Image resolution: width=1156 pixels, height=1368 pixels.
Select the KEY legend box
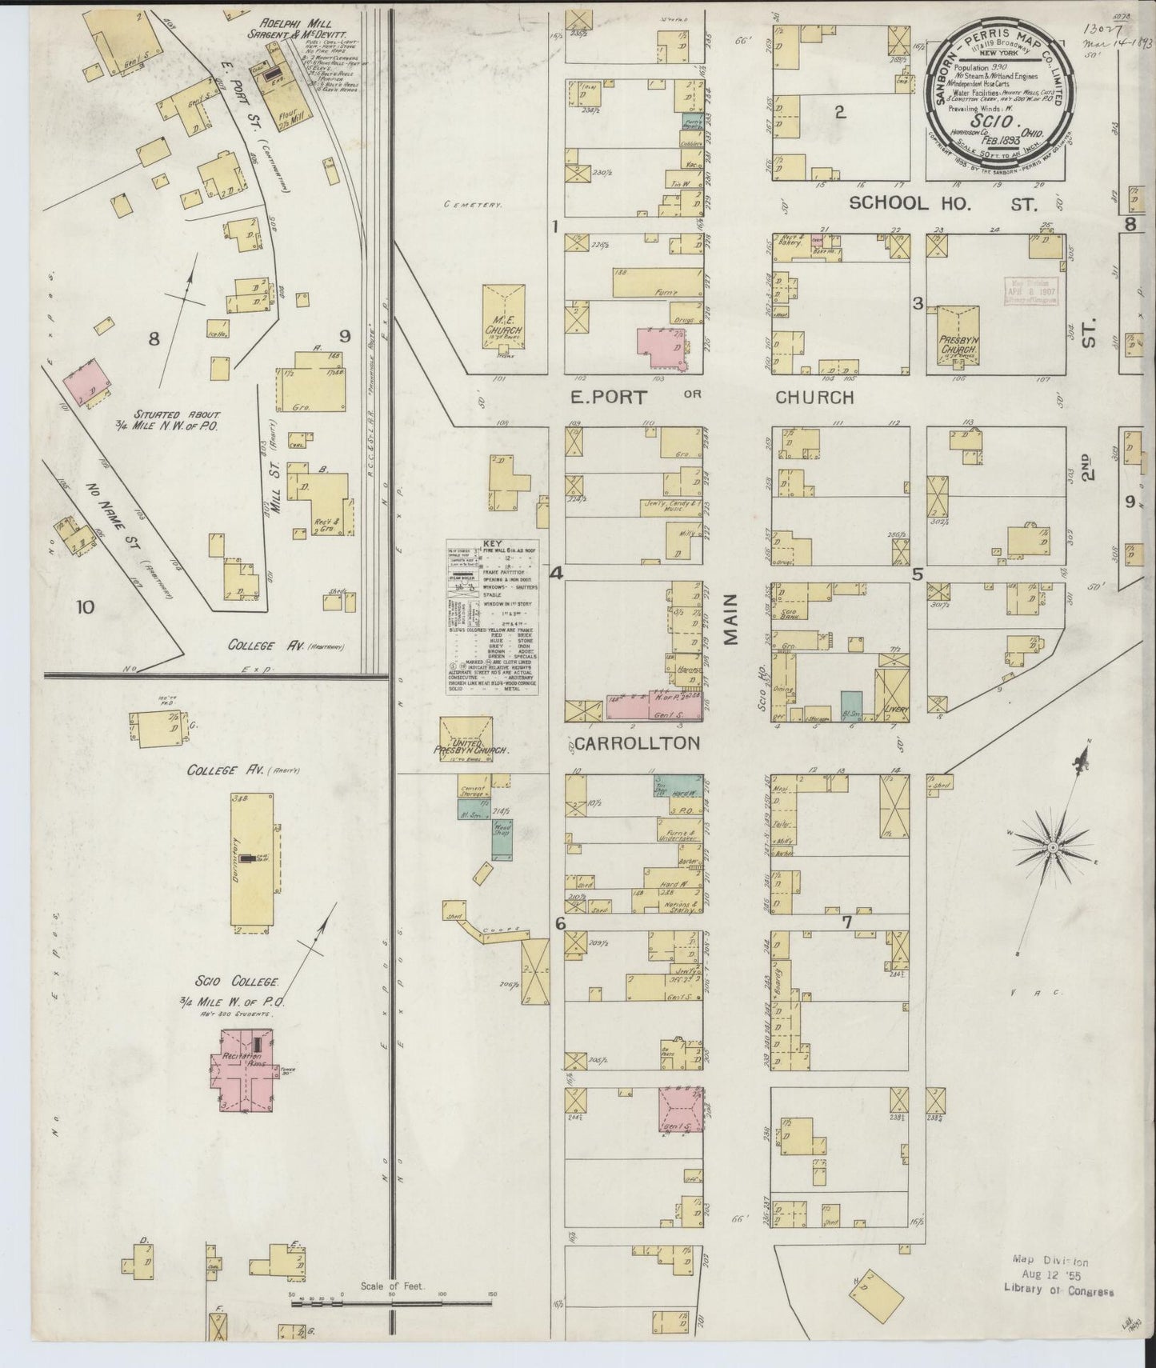coord(491,616)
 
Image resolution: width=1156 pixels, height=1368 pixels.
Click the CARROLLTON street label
coord(637,743)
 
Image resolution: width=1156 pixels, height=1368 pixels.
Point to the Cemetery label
coord(474,206)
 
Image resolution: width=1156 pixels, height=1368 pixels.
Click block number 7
coord(846,921)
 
